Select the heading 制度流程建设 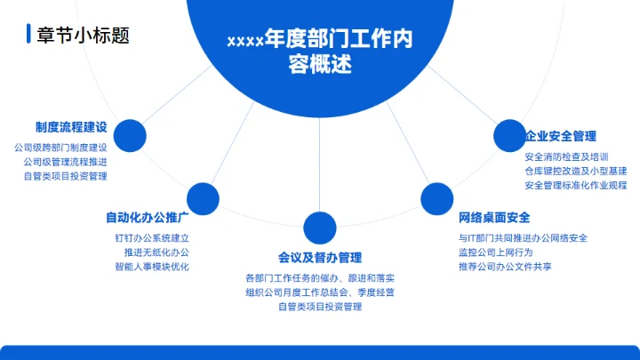point(71,127)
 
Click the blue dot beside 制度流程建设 point(131,135)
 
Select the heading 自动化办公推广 point(147,217)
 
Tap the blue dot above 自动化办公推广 point(203,197)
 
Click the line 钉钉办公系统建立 point(151,238)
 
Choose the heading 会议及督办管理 point(320,258)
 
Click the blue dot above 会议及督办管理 point(320,228)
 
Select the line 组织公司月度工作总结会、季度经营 point(320,292)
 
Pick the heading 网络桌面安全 point(495,217)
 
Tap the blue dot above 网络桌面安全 point(436,197)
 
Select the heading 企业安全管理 point(560,136)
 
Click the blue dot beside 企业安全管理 point(509,135)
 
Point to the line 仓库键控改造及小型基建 point(576,171)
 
